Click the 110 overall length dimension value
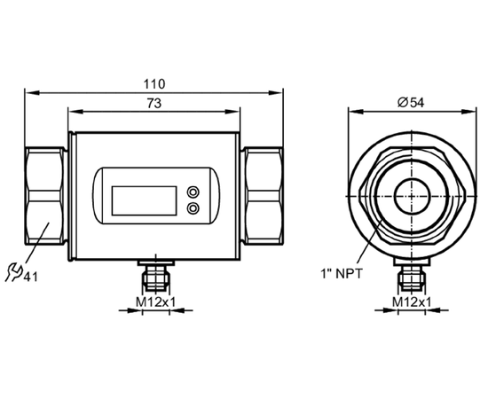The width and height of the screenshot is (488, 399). pos(154,84)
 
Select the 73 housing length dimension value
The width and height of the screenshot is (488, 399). pos(154,103)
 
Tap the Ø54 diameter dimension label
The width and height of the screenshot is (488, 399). pos(411,102)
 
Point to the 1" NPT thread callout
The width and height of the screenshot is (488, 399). pos(342,274)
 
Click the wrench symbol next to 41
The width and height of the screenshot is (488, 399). pos(13,272)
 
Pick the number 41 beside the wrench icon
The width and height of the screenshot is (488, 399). pos(30,277)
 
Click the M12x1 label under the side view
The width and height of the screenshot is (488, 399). pos(156,301)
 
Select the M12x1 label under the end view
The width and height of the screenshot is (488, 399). pos(412,301)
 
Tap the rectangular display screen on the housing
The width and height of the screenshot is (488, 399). pos(144,200)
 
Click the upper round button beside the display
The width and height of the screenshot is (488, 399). pos(193,192)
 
